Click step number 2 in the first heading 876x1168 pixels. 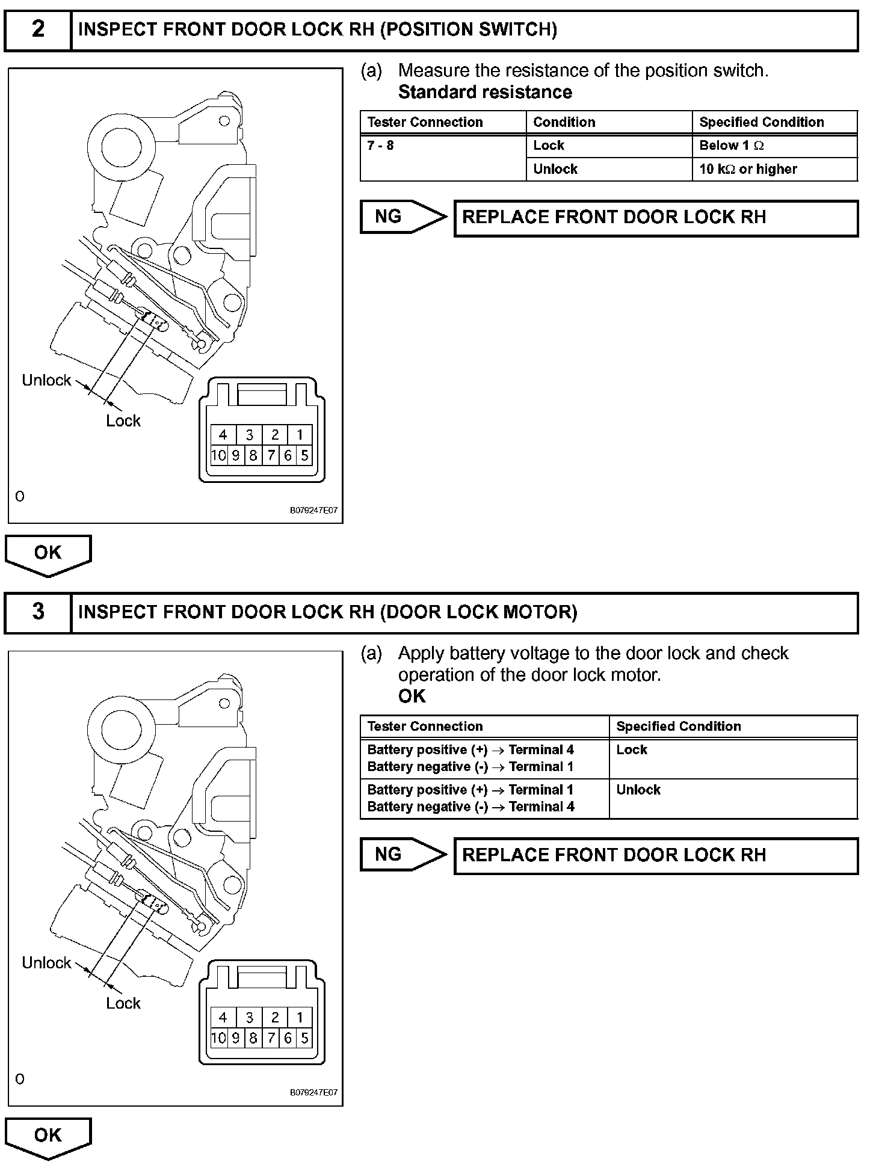pyautogui.click(x=38, y=29)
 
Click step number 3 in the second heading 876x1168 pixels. pyautogui.click(x=38, y=612)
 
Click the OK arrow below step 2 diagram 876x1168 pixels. pyautogui.click(x=48, y=553)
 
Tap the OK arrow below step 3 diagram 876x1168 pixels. pyautogui.click(x=48, y=1136)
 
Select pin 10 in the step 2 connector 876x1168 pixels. pyautogui.click(x=218, y=455)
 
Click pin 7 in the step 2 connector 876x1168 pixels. pyautogui.click(x=271, y=455)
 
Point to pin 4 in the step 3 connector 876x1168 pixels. pyautogui.click(x=223, y=1018)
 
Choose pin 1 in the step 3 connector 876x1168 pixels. pyautogui.click(x=300, y=1018)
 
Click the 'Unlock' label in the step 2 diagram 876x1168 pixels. pyautogui.click(x=46, y=380)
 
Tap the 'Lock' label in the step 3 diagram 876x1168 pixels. pyautogui.click(x=123, y=1003)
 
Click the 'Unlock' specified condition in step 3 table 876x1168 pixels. pyautogui.click(x=638, y=790)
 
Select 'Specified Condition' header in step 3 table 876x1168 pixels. pyautogui.click(x=679, y=726)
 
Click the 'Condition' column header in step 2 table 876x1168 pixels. pyautogui.click(x=564, y=122)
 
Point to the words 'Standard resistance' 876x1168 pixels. pyautogui.click(x=485, y=92)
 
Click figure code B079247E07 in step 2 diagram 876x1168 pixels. pyautogui.click(x=313, y=511)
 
